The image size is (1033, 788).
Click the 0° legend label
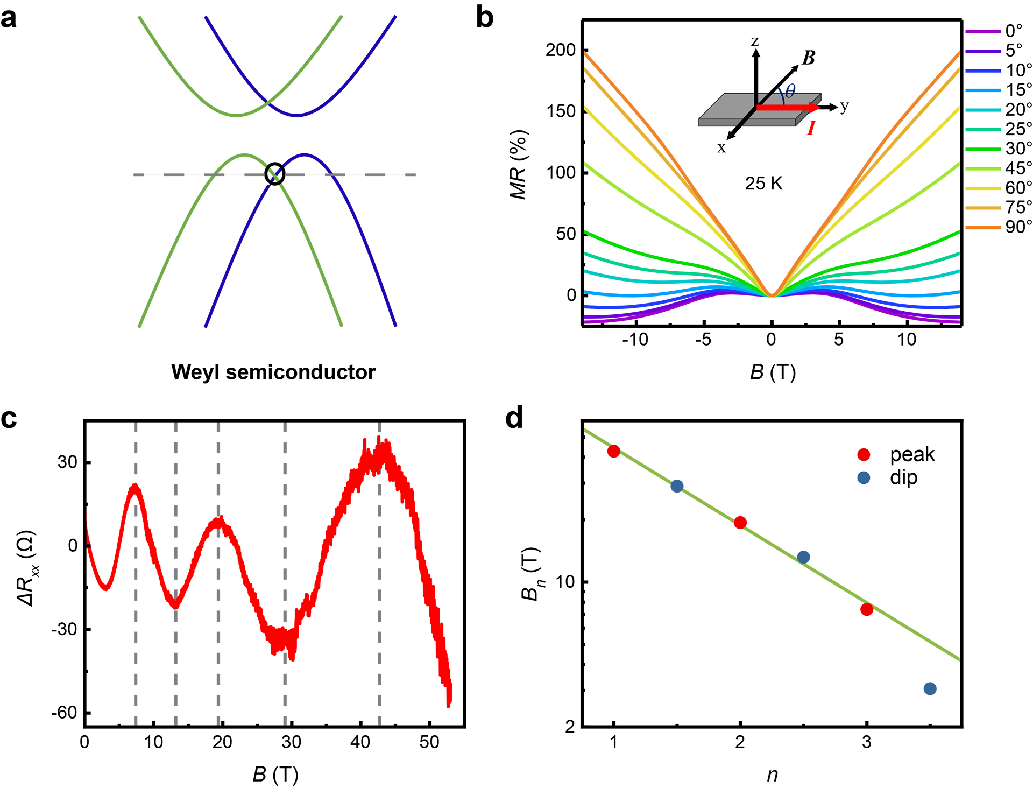(x=1014, y=31)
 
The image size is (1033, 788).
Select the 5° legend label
(x=1014, y=51)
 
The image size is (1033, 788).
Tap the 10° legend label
(x=1018, y=71)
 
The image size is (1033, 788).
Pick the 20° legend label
(x=1018, y=110)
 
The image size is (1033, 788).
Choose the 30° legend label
(x=1018, y=149)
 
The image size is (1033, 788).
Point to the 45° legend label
(x=1018, y=168)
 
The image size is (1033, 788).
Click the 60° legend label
(x=1018, y=188)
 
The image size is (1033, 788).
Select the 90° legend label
(x=1018, y=227)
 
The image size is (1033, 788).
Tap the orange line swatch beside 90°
(x=982, y=228)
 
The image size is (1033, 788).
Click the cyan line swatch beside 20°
(x=982, y=110)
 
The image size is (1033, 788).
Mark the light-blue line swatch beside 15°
(x=982, y=90)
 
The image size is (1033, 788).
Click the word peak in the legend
(x=911, y=455)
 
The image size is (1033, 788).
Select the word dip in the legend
(x=904, y=478)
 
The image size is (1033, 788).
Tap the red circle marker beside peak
(x=864, y=455)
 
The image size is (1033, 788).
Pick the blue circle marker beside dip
(x=864, y=478)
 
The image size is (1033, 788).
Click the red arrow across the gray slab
(x=786, y=108)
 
